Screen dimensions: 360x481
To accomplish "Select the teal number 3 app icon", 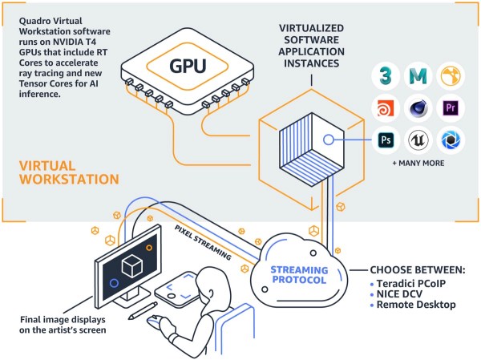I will (x=386, y=75).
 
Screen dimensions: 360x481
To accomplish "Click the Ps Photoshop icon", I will (x=386, y=141).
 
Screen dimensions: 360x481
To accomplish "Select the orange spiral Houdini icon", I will (x=386, y=108).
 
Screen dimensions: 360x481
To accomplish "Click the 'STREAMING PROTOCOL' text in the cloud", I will (x=298, y=275).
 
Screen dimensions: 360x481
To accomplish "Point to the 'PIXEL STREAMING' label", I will (x=204, y=243).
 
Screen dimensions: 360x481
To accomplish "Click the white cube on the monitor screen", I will (x=132, y=267).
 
